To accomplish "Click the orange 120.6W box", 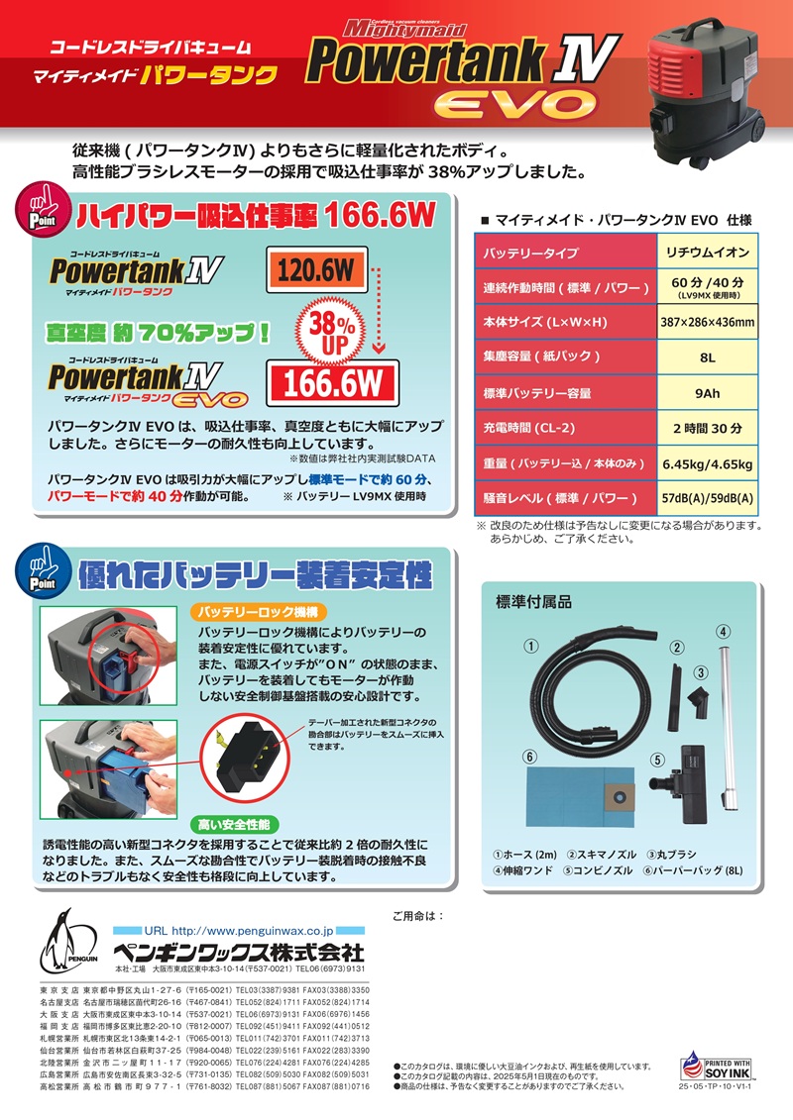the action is point(317,270).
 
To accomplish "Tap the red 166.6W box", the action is point(332,383).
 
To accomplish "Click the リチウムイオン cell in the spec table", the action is point(707,253).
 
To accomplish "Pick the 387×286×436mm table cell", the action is point(707,322).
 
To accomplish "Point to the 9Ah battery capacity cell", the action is point(707,393).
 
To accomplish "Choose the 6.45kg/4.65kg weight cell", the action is point(707,464).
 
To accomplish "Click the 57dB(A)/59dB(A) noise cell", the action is point(707,498).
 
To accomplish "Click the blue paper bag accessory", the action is point(580,797).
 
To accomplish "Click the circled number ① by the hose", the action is point(530,647).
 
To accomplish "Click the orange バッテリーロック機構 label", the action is point(259,612).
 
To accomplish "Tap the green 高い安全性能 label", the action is point(234,825).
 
